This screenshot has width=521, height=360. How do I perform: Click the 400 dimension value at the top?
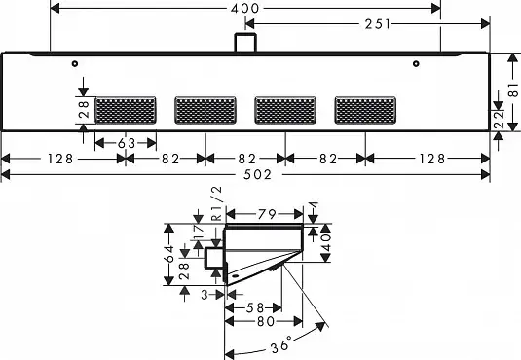244,9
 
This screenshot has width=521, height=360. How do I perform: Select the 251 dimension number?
378,24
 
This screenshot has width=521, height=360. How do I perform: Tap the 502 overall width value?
257,175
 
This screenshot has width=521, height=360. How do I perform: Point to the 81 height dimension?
513,90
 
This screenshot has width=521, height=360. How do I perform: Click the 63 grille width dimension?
127,143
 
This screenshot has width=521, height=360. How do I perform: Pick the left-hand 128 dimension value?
59,159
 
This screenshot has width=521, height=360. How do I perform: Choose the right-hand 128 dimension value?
431,159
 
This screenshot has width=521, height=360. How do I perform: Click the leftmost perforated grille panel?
126,110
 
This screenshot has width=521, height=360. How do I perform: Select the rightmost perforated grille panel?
365,110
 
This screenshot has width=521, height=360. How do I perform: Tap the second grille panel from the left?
205,110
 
